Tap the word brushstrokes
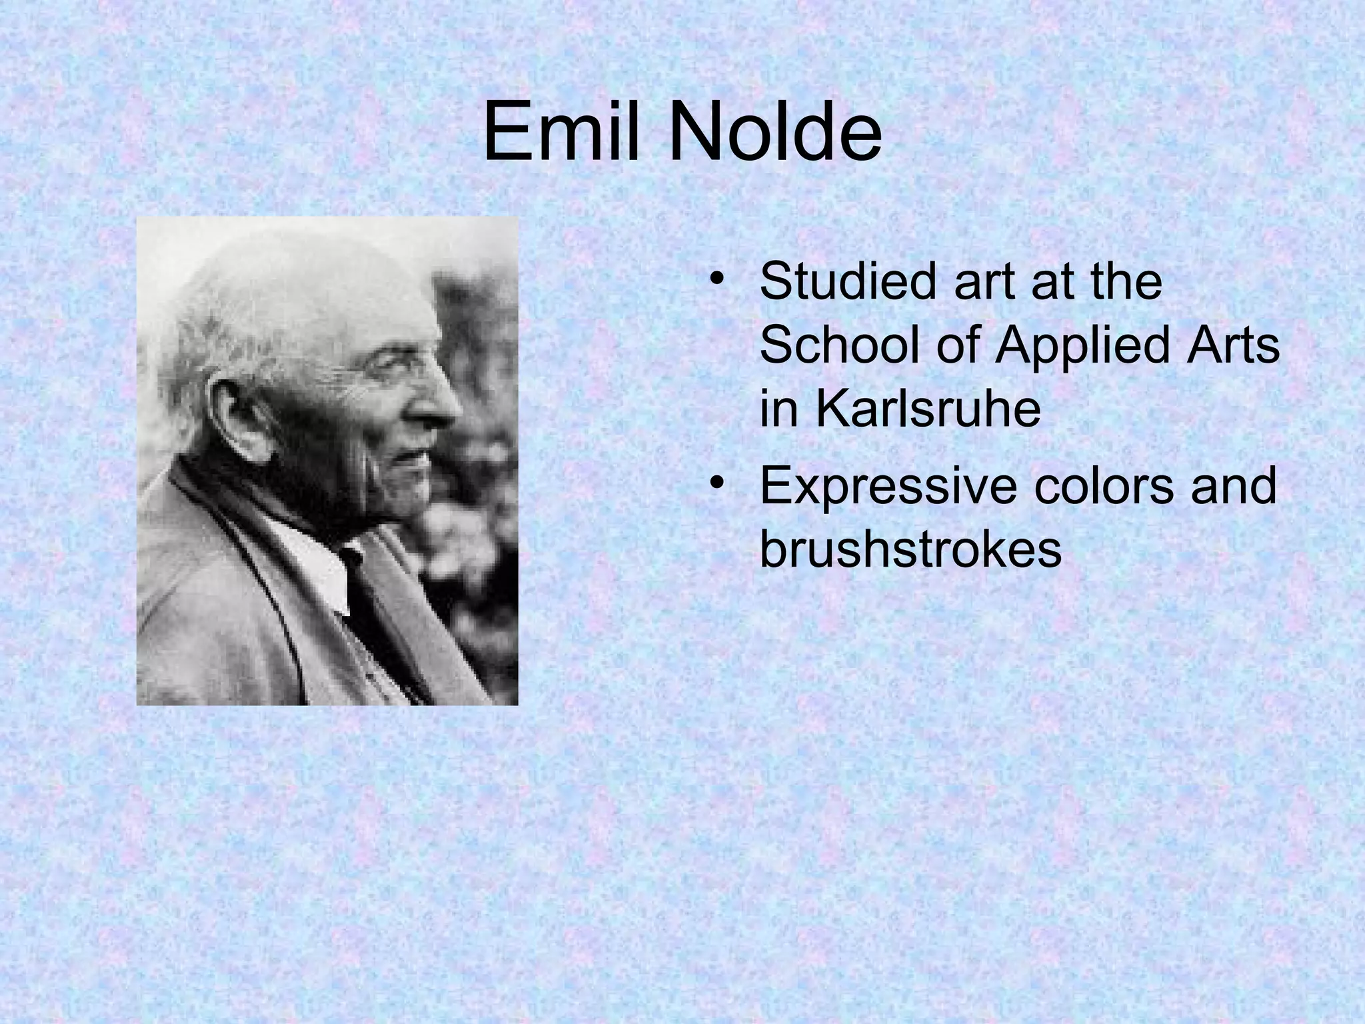[910, 549]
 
